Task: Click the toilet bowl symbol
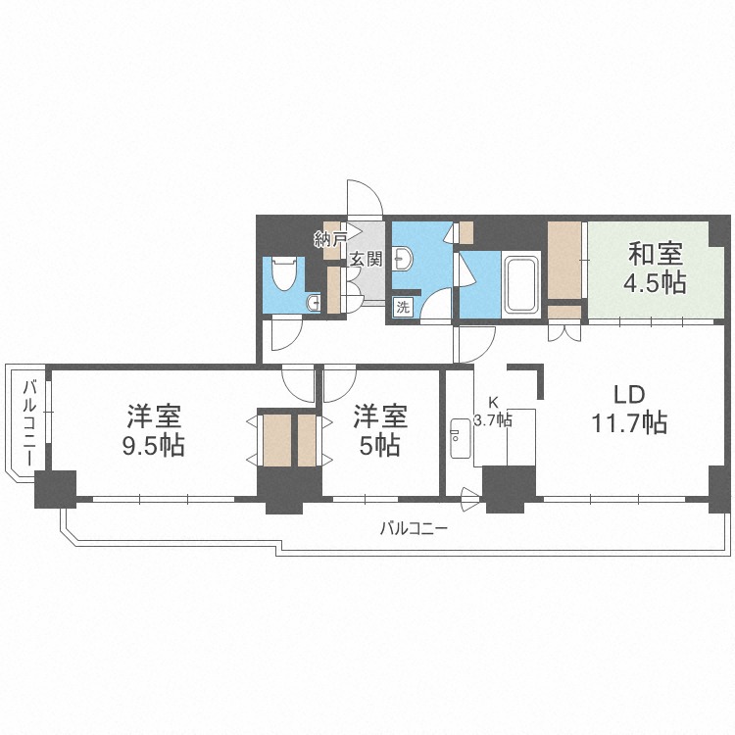coord(283,273)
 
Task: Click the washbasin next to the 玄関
coord(405,259)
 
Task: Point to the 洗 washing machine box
coord(403,307)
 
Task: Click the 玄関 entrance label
coord(367,260)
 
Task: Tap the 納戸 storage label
coord(330,238)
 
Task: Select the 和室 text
coord(655,255)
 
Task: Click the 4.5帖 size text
coord(655,283)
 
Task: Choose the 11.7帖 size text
coord(628,423)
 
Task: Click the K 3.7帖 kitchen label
coord(492,412)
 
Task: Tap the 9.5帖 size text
coord(155,445)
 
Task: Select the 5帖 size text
coord(379,445)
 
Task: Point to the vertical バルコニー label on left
coord(29,421)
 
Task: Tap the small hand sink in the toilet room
coord(312,303)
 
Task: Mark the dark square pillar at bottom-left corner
coord(55,489)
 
